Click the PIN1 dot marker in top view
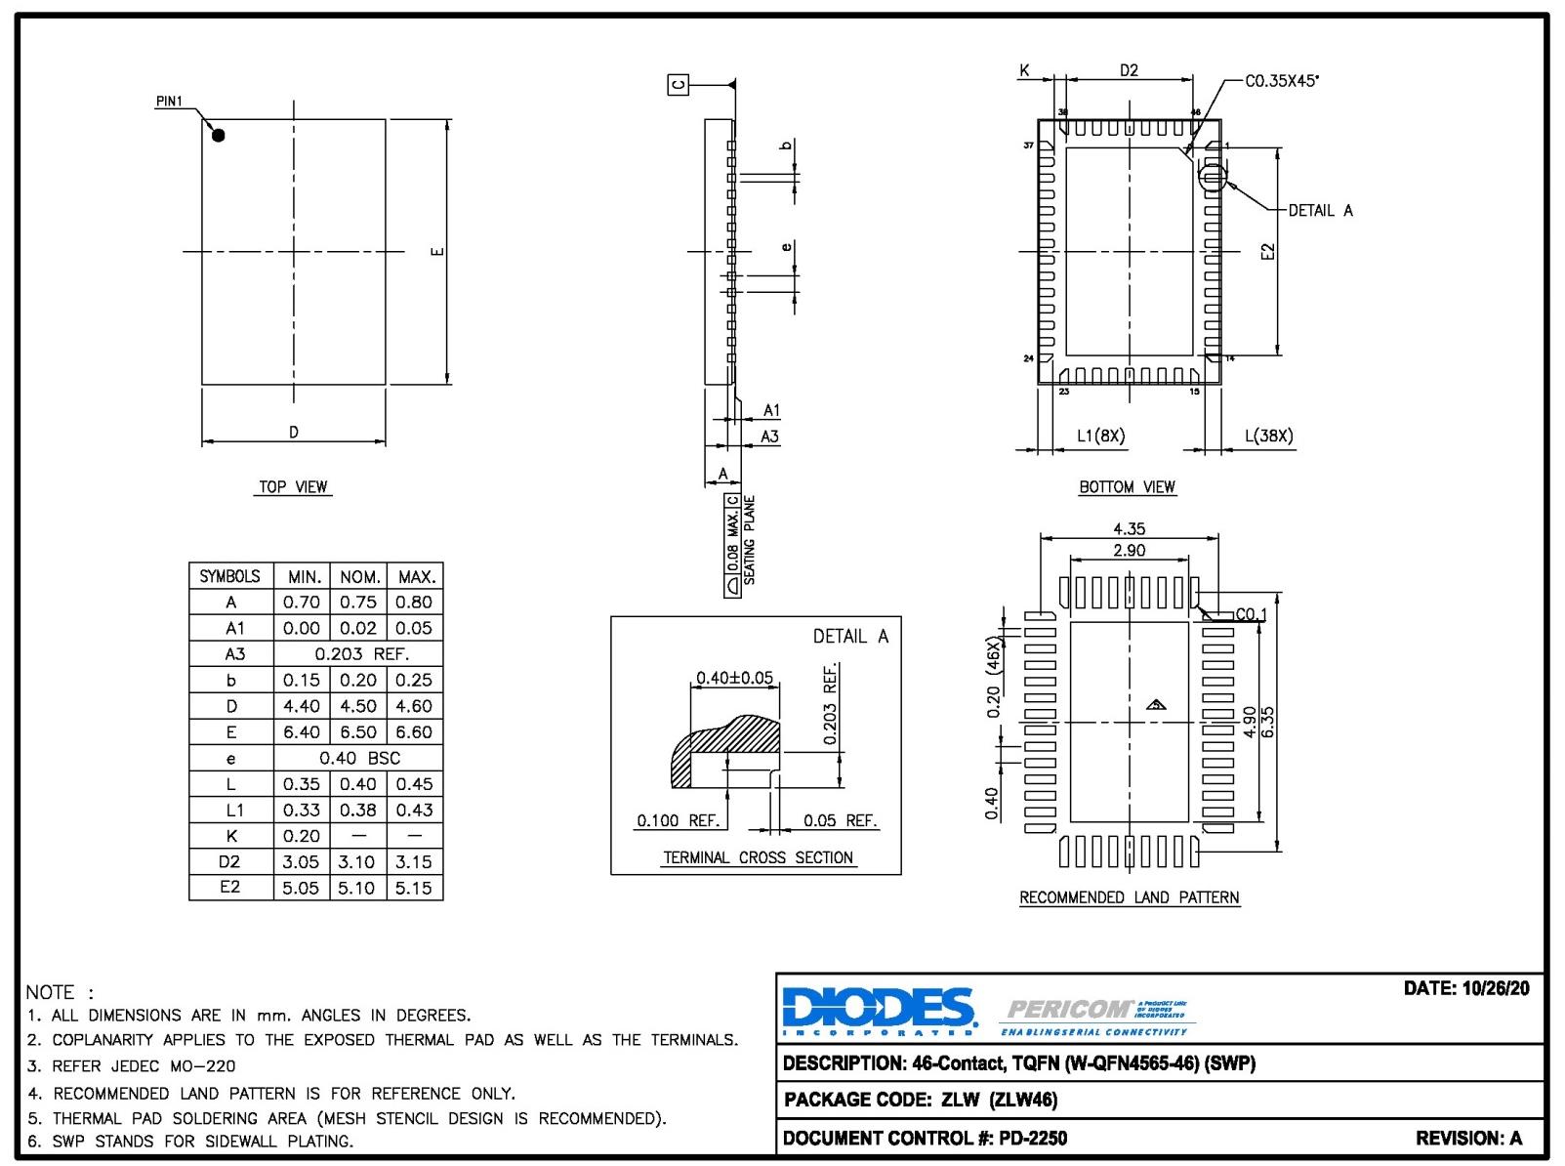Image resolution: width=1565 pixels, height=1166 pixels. point(219,136)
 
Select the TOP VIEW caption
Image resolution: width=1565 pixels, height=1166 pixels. point(294,486)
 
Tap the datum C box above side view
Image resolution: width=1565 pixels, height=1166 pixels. point(679,85)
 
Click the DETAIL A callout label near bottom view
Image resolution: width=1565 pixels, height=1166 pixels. point(1320,211)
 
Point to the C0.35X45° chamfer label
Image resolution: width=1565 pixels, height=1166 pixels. point(1281,81)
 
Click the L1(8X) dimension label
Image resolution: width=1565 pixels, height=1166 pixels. point(1100,436)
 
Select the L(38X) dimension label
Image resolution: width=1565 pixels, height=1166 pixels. point(1268,436)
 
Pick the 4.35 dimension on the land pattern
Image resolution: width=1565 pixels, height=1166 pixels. point(1129,528)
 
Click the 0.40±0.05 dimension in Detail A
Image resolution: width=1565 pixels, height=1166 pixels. point(734,678)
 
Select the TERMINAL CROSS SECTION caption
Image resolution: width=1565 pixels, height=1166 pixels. point(758,857)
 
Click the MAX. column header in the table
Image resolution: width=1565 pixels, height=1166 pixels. point(416,576)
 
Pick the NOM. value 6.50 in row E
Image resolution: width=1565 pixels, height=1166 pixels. point(358,731)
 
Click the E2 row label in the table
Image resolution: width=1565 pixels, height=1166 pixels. point(230,887)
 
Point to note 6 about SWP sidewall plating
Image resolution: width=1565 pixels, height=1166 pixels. point(191,1141)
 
